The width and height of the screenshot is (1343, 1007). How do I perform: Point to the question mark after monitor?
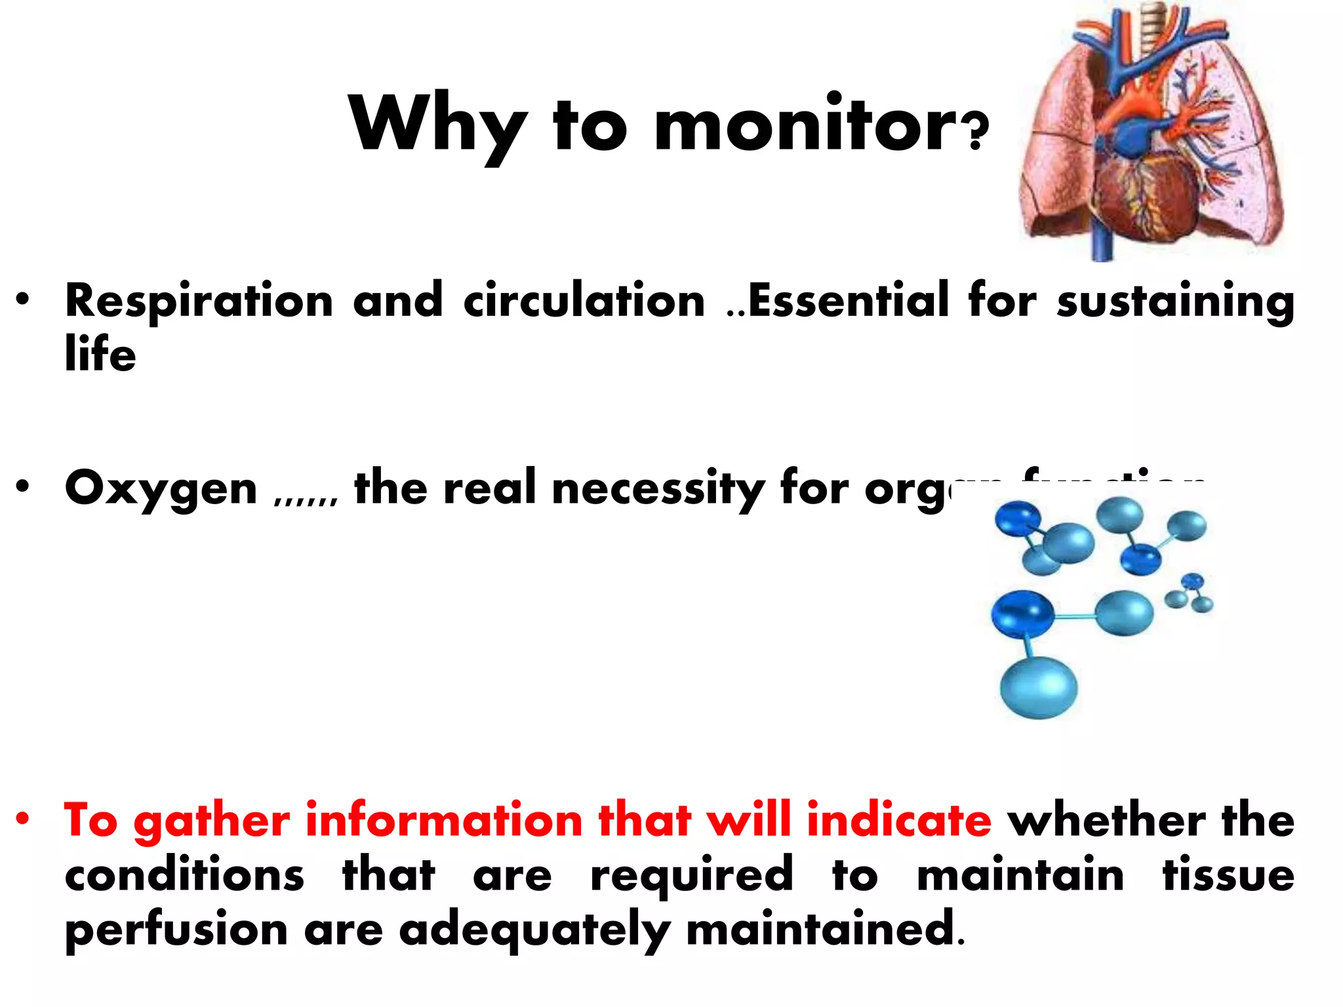[976, 131]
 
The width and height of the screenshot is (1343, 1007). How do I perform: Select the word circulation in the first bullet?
[584, 302]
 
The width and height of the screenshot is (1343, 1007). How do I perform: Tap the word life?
[100, 354]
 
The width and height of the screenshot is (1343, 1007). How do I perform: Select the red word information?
[444, 821]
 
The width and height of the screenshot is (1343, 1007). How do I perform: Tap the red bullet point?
[24, 819]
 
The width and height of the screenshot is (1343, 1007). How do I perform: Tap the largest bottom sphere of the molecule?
[1038, 688]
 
